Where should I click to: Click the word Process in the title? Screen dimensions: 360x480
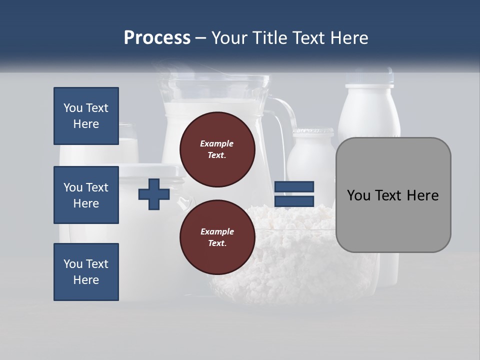click(157, 38)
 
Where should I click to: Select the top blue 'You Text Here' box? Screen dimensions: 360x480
click(86, 116)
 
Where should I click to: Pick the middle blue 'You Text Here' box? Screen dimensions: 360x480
click(86, 195)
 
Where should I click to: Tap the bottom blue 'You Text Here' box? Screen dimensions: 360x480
click(86, 272)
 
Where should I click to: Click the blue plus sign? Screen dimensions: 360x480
click(154, 194)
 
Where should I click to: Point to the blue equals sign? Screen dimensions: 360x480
click(294, 194)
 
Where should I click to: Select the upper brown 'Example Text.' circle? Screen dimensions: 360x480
click(217, 149)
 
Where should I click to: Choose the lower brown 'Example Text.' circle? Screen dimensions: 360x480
click(217, 237)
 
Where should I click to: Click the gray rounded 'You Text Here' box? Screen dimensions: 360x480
click(393, 195)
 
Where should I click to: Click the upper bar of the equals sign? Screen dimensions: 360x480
click(294, 187)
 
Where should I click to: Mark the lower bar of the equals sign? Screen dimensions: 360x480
click(294, 201)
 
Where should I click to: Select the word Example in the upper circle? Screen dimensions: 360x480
click(217, 143)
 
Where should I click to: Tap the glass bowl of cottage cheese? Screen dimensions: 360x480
click(295, 260)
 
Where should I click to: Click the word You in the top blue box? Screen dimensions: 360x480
click(73, 108)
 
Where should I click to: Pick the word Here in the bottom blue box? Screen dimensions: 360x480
click(86, 280)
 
